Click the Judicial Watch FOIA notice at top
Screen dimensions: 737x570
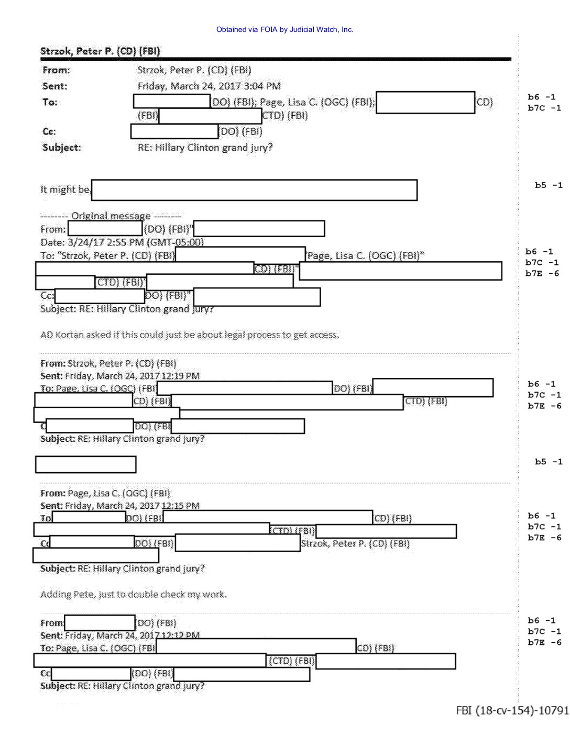click(x=284, y=30)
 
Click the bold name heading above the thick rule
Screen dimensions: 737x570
click(x=100, y=51)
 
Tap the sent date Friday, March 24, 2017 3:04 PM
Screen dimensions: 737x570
click(x=209, y=86)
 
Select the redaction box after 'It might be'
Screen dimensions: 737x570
click(x=254, y=190)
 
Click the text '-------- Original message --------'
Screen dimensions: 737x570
click(x=111, y=216)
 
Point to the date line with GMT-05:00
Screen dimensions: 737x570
click(x=122, y=242)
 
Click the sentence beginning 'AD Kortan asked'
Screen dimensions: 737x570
click(x=190, y=334)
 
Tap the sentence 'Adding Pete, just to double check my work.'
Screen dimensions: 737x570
click(x=133, y=594)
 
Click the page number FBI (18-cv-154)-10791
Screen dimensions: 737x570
click(x=511, y=710)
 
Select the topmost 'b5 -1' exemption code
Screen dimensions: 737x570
click(x=549, y=185)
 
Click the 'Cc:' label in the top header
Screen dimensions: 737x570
click(x=49, y=131)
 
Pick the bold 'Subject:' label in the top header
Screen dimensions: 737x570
click(x=62, y=148)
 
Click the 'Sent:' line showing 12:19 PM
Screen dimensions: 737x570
click(x=119, y=376)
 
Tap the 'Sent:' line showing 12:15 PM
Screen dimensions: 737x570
click(x=119, y=506)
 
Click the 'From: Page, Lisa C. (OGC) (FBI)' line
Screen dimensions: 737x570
click(x=105, y=493)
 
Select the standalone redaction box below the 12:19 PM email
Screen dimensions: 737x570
click(x=85, y=464)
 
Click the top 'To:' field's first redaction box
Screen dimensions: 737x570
click(x=172, y=102)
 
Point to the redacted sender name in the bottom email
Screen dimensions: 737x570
click(x=100, y=623)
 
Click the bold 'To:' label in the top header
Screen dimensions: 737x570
click(x=50, y=102)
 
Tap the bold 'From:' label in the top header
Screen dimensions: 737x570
click(x=56, y=70)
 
